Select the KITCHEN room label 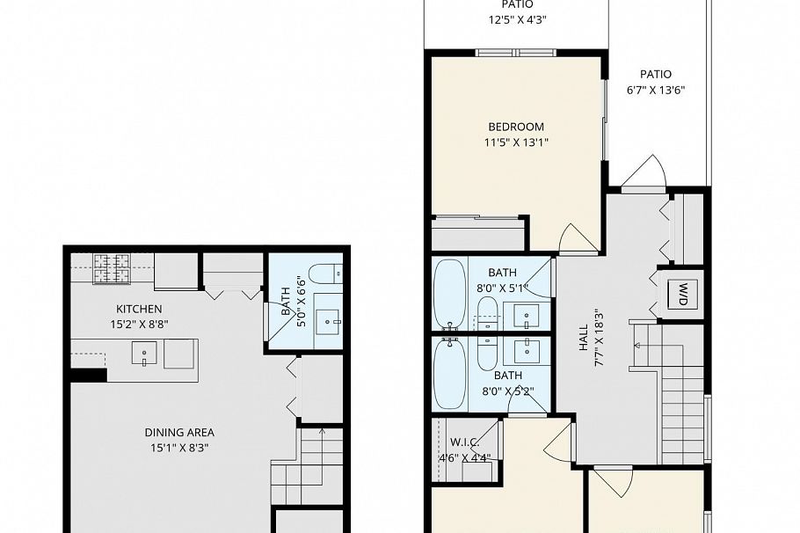(139, 309)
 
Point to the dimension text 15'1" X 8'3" (179, 447)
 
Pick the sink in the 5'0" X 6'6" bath (330, 322)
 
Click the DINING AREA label (179, 432)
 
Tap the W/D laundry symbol (681, 294)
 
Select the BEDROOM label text (516, 127)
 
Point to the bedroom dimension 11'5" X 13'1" (516, 142)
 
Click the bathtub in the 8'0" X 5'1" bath (449, 292)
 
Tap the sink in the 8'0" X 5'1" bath (527, 314)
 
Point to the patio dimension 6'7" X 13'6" (655, 90)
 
